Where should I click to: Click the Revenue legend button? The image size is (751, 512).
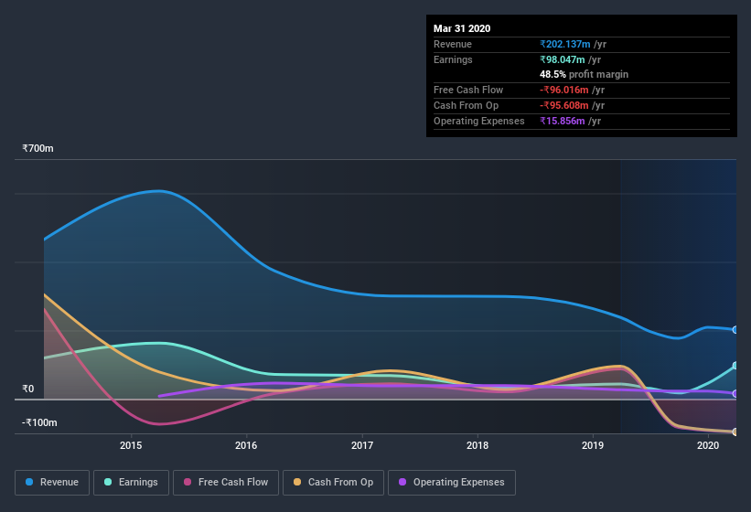tap(52, 482)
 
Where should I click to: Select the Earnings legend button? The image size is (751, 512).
tap(130, 482)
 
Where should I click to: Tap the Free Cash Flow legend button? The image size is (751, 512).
tap(226, 482)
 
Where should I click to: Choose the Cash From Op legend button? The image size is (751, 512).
tap(332, 482)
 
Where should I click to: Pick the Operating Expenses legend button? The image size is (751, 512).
tap(451, 482)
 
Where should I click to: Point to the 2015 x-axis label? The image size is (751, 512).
tap(131, 445)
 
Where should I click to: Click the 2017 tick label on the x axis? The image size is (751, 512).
tap(362, 445)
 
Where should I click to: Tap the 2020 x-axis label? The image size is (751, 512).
tap(708, 445)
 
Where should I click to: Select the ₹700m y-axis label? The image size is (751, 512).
tap(39, 148)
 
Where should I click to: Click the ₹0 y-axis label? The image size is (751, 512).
tap(28, 389)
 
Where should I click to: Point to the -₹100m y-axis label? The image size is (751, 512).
tap(40, 422)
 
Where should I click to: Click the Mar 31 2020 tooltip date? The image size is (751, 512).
tap(462, 28)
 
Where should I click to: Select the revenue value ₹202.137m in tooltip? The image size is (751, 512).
tap(564, 44)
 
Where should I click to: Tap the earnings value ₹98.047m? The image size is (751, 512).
tap(562, 59)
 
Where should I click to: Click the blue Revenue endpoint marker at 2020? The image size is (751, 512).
tap(735, 330)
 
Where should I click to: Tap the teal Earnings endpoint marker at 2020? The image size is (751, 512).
tap(735, 366)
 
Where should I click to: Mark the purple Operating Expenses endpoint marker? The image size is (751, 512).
tap(735, 394)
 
